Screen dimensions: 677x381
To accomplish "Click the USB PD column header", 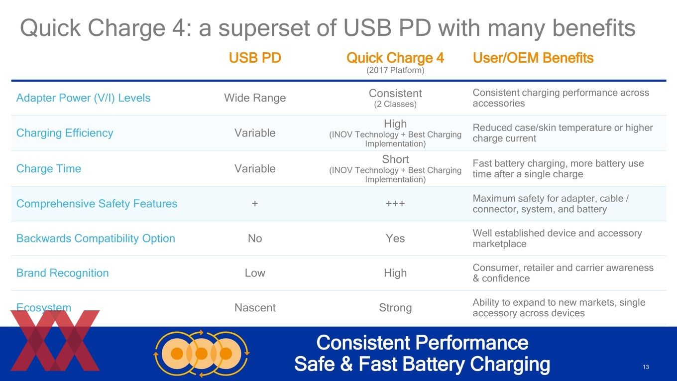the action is click(255, 58).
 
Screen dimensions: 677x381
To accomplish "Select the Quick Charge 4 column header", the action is click(395, 58).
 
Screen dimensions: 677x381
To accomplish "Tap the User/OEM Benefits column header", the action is click(533, 58).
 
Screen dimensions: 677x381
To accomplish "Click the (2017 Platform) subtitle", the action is click(395, 70).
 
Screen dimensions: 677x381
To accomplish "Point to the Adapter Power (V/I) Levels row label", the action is click(83, 98).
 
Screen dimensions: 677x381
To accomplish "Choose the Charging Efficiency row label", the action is click(65, 133).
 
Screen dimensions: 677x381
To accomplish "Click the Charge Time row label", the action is click(49, 168).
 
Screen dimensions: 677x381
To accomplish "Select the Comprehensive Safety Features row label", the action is click(97, 204).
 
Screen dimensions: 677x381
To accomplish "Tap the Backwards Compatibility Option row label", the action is click(96, 238).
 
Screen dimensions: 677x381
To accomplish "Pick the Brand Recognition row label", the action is click(62, 273).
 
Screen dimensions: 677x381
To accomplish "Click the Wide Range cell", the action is click(255, 98).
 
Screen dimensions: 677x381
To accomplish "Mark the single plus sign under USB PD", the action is click(255, 204).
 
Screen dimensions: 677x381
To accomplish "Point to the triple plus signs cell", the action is click(395, 204).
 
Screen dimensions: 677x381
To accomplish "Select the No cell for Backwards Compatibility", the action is click(255, 238).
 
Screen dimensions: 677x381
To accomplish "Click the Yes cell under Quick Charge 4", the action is click(395, 238).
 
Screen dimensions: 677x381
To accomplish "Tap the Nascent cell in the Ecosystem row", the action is click(255, 307).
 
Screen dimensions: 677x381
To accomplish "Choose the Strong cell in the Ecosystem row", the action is click(395, 307).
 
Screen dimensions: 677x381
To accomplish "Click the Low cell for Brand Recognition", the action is click(255, 273).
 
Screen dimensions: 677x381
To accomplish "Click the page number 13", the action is click(646, 367).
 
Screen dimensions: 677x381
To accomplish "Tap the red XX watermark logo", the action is click(55, 341).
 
